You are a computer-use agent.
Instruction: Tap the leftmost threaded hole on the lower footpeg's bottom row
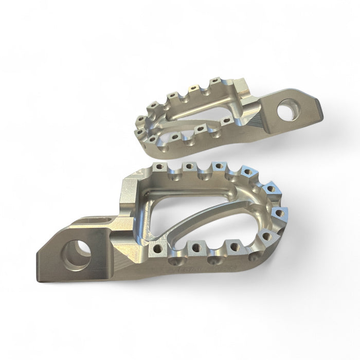point(157,249)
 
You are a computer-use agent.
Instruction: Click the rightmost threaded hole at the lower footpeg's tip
point(281,212)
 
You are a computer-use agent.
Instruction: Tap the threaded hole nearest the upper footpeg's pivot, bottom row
point(225,121)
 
